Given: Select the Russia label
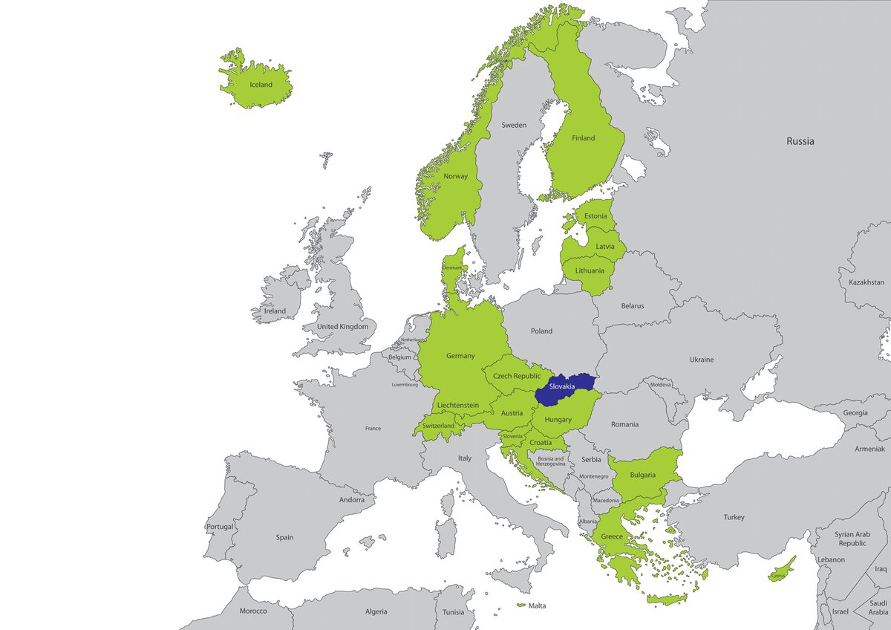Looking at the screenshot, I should [800, 140].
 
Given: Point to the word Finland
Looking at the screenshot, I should [583, 138].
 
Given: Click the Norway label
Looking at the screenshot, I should [455, 176].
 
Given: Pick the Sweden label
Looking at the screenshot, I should [513, 125].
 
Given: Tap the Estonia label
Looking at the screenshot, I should [595, 216].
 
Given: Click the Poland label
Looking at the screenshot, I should [541, 331].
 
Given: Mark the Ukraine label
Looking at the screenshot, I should [701, 360].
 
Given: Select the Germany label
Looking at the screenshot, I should [460, 356].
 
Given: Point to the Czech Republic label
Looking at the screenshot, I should [517, 377].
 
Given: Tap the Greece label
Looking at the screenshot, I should [612, 536].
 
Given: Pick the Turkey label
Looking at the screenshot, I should [734, 517].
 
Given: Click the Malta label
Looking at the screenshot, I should [537, 605].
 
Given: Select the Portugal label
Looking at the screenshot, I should [220, 527].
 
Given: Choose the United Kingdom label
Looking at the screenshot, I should [342, 326].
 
